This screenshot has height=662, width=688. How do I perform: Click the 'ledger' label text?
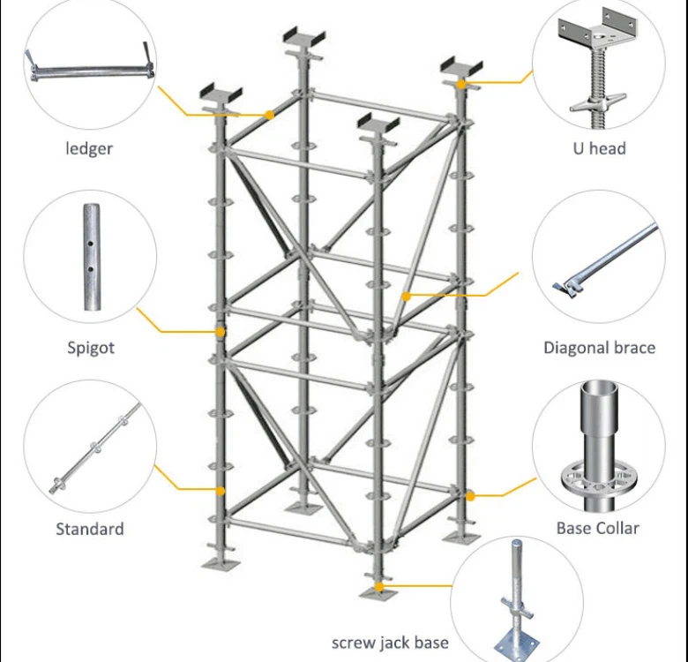[89, 148]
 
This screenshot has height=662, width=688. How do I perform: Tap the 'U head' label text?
[598, 148]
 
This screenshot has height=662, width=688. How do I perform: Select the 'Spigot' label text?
[91, 347]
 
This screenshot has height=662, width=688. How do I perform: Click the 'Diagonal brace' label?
[599, 347]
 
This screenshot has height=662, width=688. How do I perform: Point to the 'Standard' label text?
[89, 529]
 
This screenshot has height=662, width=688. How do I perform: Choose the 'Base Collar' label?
[597, 528]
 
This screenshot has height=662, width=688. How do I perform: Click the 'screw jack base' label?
[390, 642]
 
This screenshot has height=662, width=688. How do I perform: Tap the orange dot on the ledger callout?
[269, 114]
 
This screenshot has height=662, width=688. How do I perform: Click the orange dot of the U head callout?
[462, 84]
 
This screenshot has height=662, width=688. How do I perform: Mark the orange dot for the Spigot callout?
[221, 332]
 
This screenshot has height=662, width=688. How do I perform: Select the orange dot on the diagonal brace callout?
[406, 297]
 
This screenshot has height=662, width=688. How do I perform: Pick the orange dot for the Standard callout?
[221, 491]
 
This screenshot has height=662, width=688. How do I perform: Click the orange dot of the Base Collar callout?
[470, 496]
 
